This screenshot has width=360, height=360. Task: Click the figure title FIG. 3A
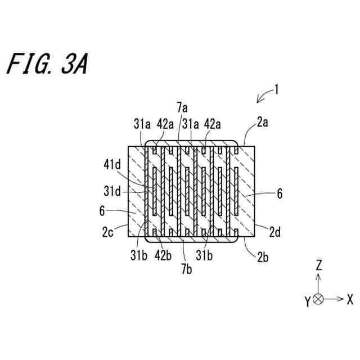[x=47, y=65]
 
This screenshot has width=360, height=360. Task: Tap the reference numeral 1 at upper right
[x=276, y=89]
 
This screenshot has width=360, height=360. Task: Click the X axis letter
[x=349, y=299]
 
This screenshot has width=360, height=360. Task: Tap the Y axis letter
[x=307, y=303]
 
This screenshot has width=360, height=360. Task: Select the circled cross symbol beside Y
[x=318, y=299]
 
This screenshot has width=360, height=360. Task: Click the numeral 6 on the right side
[x=279, y=194]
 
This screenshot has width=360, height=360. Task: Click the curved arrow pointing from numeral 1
[x=263, y=96]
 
